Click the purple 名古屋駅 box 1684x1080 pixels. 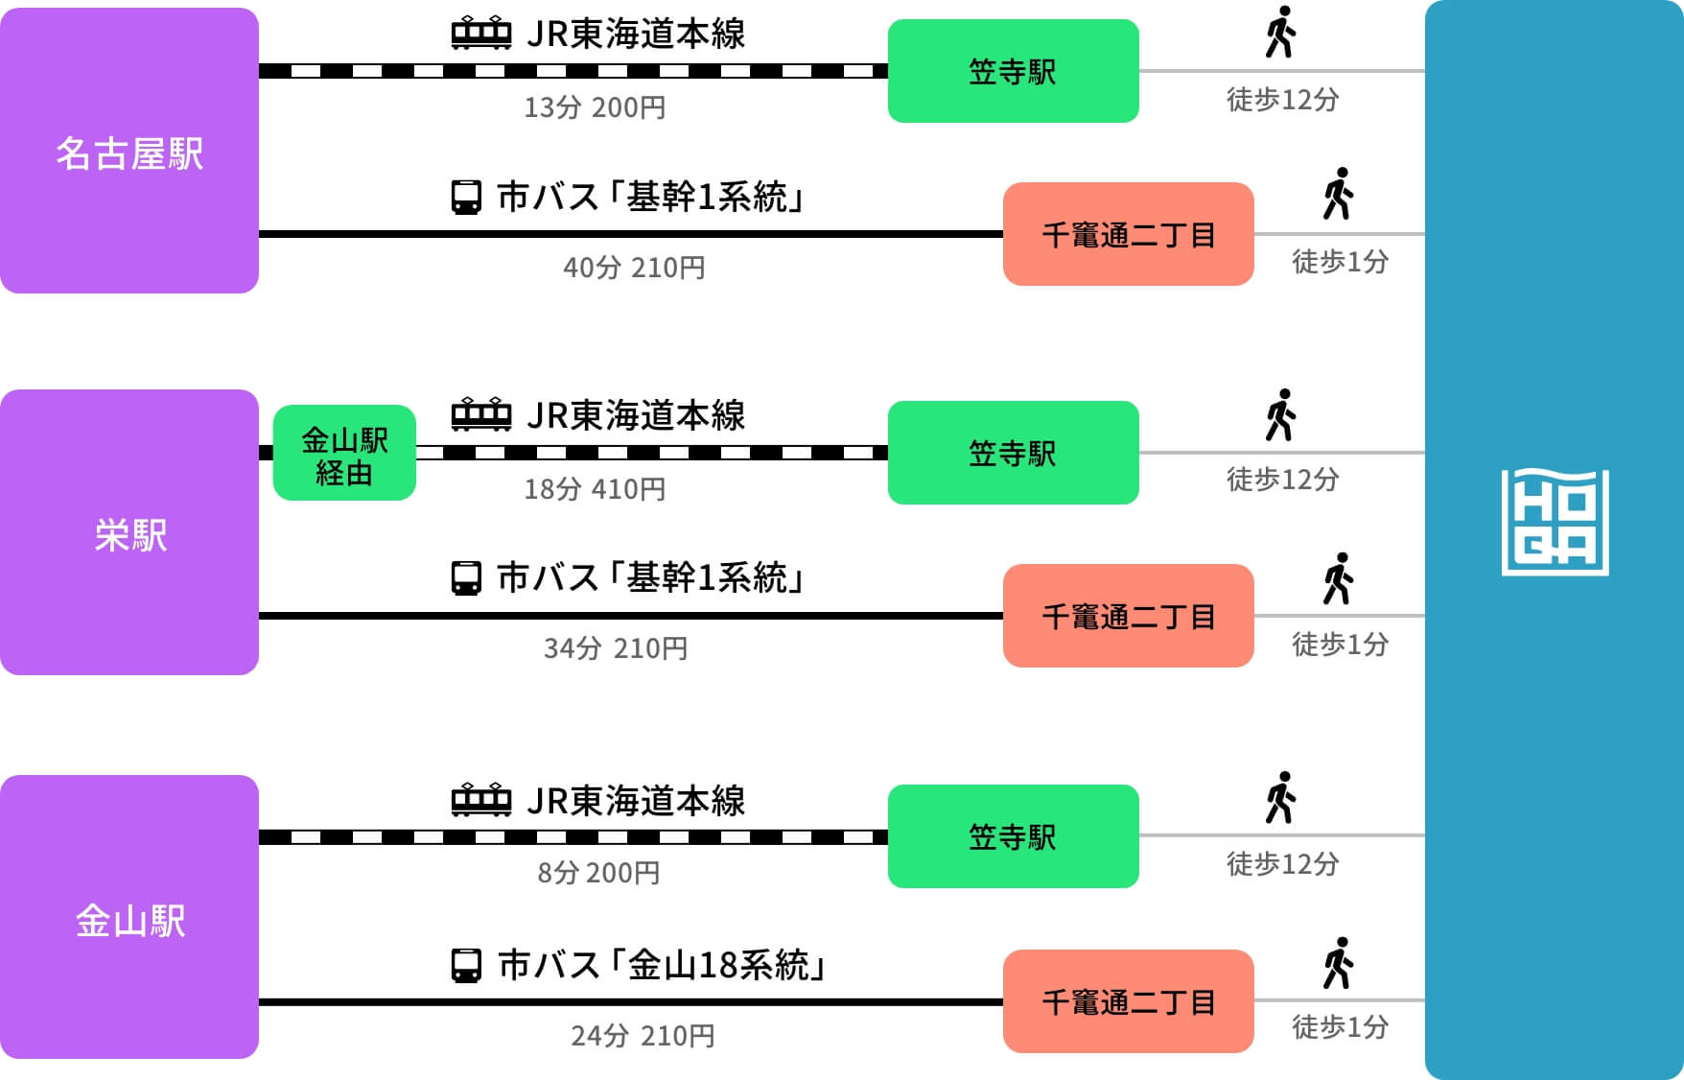pyautogui.click(x=129, y=152)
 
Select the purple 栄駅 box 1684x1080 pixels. pyautogui.click(x=129, y=533)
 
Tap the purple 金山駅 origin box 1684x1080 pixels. pyautogui.click(x=129, y=918)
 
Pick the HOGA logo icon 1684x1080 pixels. pyautogui.click(x=1555, y=522)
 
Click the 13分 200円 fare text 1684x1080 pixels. pyautogui.click(x=595, y=107)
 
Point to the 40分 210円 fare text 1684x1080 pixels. pyautogui.click(x=634, y=268)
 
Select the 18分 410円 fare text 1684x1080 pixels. pyautogui.click(x=595, y=489)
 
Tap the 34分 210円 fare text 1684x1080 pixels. pyautogui.click(x=616, y=648)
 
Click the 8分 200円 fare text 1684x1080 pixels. pyautogui.click(x=598, y=873)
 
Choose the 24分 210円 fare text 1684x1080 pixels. pyautogui.click(x=643, y=1036)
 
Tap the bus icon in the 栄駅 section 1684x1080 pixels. pyautogui.click(x=466, y=578)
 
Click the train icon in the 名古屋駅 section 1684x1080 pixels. pyautogui.click(x=480, y=35)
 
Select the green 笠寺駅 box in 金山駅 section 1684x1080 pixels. pyautogui.click(x=1013, y=836)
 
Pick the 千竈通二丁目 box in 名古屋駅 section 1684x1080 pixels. pyautogui.click(x=1128, y=234)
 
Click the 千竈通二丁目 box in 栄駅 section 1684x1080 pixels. pyautogui.click(x=1128, y=616)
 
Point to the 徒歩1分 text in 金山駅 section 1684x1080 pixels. pyautogui.click(x=1340, y=1027)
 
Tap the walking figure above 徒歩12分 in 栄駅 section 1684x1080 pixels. pyautogui.click(x=1280, y=415)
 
